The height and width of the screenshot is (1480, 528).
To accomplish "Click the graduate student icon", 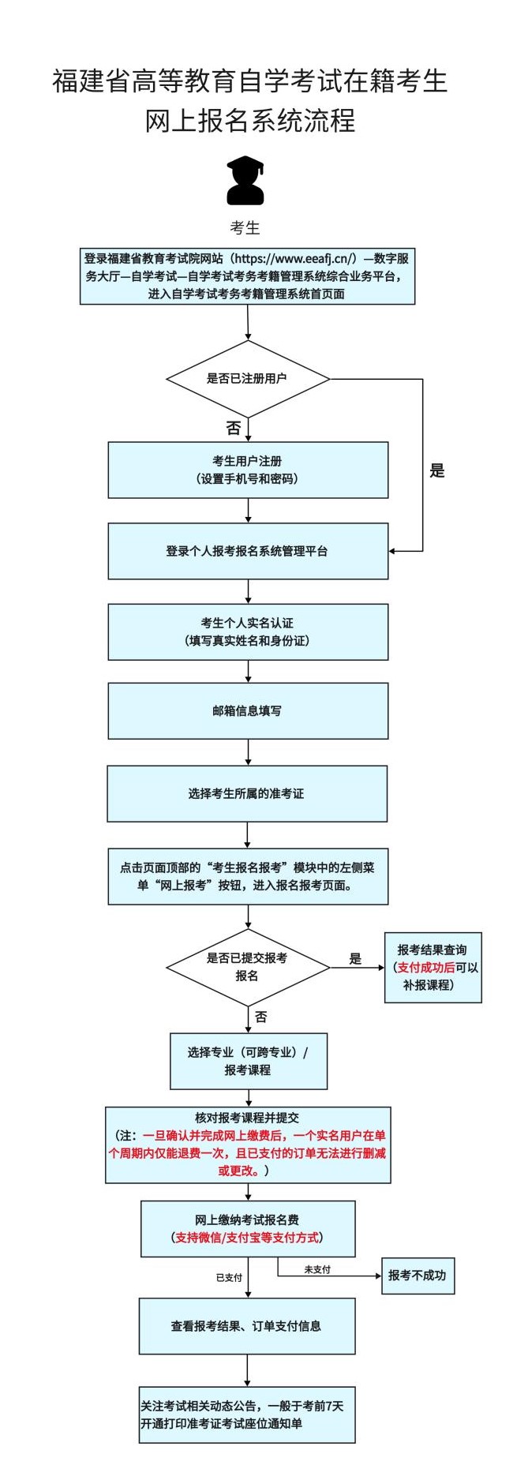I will [x=245, y=181].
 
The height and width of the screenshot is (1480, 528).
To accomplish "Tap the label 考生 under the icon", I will [x=245, y=228].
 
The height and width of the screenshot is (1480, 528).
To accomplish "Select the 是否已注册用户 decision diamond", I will [x=247, y=379].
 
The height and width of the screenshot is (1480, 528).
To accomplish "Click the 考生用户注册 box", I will [x=248, y=470].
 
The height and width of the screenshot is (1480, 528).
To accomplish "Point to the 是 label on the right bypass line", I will [x=436, y=471].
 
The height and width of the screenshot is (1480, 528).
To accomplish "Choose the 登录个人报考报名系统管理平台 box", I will [x=248, y=551].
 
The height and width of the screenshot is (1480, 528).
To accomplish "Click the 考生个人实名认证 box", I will [x=248, y=631].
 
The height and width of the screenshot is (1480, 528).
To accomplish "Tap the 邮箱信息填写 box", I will [x=248, y=711].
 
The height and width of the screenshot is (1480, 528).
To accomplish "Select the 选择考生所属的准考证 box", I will [x=247, y=793].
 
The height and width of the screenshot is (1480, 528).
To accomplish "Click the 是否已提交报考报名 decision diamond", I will [x=247, y=967].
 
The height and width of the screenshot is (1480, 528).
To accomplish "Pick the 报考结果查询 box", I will [x=433, y=950].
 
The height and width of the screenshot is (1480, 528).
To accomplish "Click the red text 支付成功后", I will [x=425, y=968].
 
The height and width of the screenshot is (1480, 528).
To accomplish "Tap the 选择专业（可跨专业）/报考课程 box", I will [x=248, y=1061].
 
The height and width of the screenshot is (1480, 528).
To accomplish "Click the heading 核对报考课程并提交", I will [x=247, y=1118].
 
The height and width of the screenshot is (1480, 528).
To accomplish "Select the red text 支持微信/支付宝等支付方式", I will [x=247, y=1238].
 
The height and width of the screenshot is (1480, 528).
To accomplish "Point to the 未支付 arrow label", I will [x=317, y=1269].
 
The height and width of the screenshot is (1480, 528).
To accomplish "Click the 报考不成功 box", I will [x=418, y=1276].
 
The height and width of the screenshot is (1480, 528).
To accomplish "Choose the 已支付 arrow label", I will [x=229, y=1277].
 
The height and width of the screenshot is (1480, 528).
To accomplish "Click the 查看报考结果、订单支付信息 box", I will [x=247, y=1326].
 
